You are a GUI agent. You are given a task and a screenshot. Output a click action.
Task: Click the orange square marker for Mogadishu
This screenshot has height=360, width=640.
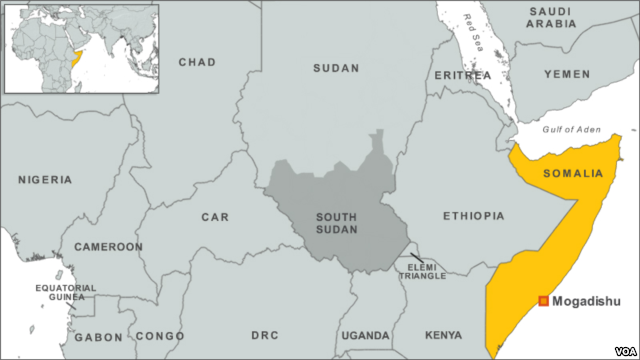543,301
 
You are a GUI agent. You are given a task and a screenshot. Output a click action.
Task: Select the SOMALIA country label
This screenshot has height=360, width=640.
573,173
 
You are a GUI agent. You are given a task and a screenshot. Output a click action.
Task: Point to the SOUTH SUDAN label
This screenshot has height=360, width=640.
337,223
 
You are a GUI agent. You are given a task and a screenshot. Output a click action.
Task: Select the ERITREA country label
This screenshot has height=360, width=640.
463,76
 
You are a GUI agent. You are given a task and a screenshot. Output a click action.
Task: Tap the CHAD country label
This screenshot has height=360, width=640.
196,62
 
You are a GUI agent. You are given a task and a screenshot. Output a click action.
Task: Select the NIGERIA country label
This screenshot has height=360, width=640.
45,180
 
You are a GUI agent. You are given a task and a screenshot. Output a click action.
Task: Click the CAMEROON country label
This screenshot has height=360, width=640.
109,246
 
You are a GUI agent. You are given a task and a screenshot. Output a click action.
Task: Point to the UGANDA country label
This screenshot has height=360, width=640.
365,335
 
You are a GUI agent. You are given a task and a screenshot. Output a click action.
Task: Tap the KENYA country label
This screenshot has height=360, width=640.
443,335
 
